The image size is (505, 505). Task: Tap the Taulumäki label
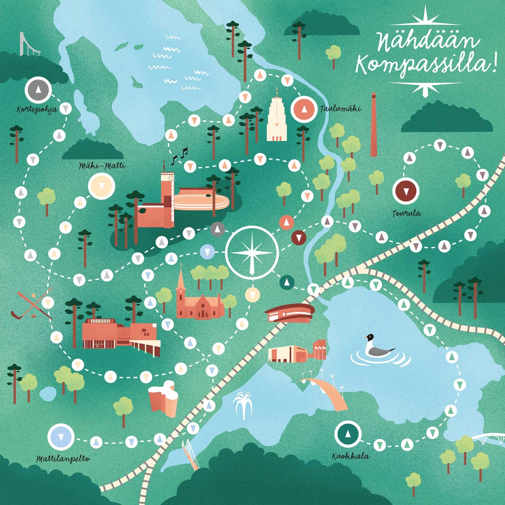(341, 109)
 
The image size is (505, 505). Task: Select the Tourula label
(406, 213)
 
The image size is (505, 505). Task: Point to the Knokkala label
(350, 457)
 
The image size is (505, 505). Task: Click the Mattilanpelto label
(63, 459)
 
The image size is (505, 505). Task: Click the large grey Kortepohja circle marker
(38, 90)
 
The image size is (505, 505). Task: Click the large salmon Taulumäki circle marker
(304, 109)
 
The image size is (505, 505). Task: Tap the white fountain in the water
(244, 405)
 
